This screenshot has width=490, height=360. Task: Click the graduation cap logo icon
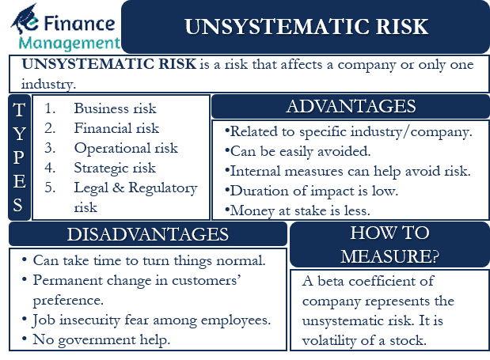[25, 19]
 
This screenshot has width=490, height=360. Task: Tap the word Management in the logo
[70, 44]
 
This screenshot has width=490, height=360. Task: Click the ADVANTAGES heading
[351, 106]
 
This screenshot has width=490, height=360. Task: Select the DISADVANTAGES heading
[148, 234]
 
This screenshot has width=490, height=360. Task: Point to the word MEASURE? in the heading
[389, 256]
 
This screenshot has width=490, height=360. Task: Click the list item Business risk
[115, 108]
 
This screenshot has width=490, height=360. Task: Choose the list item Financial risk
[116, 128]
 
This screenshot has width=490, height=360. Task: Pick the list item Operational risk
[126, 148]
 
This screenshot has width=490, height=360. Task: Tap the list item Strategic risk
[115, 169]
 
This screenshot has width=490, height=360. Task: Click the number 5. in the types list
[50, 188]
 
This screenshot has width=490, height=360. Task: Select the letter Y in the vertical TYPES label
[19, 134]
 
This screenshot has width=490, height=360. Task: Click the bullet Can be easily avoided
[298, 151]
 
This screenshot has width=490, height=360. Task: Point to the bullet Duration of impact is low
[311, 191]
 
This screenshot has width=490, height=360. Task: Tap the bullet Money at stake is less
[297, 210]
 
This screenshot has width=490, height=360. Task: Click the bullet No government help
[96, 339]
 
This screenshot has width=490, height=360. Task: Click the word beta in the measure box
[331, 281]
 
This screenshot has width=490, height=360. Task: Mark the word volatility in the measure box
[329, 340]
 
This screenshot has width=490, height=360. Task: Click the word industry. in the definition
[48, 84]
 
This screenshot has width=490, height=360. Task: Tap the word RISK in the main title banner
[402, 27]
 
